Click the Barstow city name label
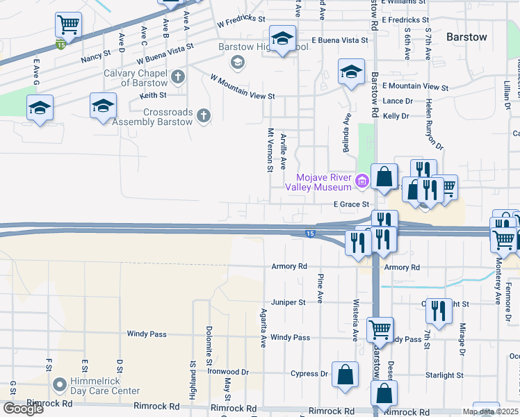(466, 37)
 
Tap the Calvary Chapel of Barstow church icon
(178, 76)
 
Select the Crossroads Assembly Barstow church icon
(203, 115)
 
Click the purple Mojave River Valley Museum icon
(361, 182)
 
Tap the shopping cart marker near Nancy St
(68, 26)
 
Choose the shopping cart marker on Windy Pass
(380, 329)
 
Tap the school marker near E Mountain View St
(352, 72)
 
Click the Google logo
(23, 408)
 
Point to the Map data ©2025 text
(490, 411)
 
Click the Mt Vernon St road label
(270, 149)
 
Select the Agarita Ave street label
(263, 328)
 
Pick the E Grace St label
(350, 204)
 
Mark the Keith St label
(153, 95)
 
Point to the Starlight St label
(444, 375)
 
